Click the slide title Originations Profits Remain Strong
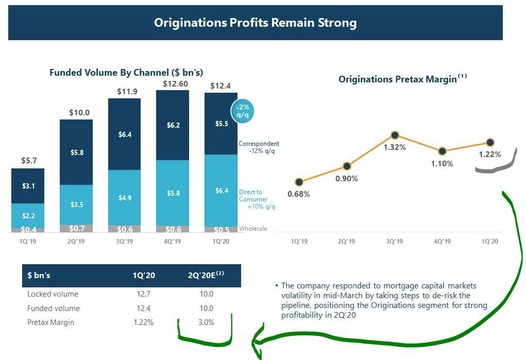(255, 23)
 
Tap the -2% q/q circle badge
(242, 111)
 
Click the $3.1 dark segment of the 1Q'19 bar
(28, 186)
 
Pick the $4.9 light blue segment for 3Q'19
(125, 198)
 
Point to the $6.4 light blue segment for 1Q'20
(221, 191)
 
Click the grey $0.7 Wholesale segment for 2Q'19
(77, 228)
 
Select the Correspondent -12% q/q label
(259, 147)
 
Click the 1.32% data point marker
(395, 135)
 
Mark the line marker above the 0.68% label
(299, 182)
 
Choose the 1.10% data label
(442, 164)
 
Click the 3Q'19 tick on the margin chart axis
(394, 241)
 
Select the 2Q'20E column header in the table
(206, 276)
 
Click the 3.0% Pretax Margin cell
(206, 322)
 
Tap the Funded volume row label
(54, 308)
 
